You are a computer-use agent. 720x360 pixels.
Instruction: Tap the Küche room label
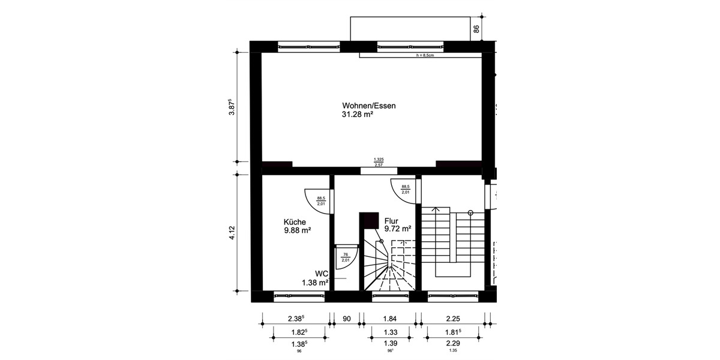coord(295,221)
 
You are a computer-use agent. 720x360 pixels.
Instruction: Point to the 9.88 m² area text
coord(297,230)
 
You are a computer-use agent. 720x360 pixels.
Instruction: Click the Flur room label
coord(392,220)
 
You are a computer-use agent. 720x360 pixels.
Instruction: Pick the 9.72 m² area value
coord(397,229)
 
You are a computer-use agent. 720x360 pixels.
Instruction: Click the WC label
coord(322,274)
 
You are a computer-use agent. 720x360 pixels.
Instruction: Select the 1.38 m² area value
coord(314,283)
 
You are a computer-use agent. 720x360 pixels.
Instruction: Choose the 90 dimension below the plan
coord(346,320)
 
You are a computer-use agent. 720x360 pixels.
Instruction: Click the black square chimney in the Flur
coord(368,221)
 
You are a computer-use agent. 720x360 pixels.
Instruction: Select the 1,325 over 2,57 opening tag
coord(379,162)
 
